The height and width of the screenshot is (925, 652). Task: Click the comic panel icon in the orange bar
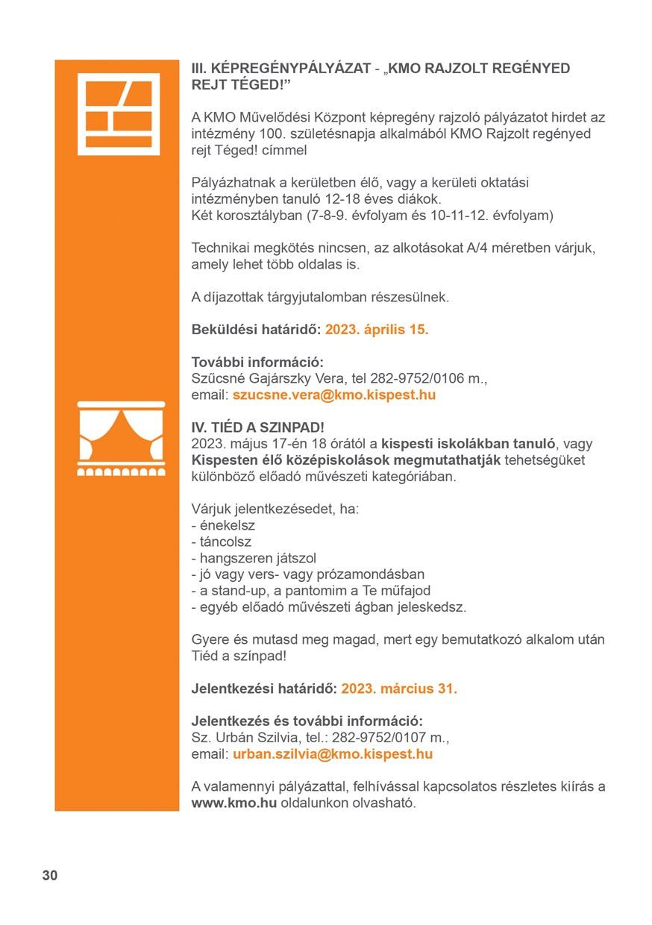click(x=119, y=113)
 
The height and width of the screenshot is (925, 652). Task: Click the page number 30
click(x=49, y=876)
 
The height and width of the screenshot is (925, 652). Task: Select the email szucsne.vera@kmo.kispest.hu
click(x=334, y=395)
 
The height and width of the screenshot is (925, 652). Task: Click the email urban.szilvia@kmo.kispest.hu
click(x=333, y=754)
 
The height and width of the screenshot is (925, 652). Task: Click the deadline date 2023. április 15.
click(x=377, y=330)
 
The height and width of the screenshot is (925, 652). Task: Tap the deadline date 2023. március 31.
click(x=399, y=689)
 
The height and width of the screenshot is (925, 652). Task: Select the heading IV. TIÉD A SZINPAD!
click(x=258, y=427)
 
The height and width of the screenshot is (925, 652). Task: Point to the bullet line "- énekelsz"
click(x=223, y=525)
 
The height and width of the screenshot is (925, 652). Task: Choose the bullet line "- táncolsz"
click(x=222, y=542)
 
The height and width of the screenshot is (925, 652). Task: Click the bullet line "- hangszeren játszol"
click(x=254, y=558)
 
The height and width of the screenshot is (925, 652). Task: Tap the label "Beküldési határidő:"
click(x=256, y=330)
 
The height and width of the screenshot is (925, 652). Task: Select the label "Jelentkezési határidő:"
click(x=264, y=689)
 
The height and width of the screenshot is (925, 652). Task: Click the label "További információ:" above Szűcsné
click(x=257, y=363)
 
